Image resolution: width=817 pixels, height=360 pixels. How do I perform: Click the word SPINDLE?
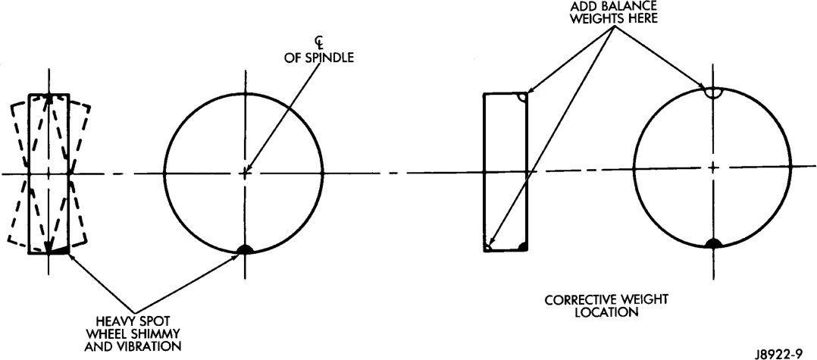tap(329, 58)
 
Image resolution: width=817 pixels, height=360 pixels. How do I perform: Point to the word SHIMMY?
tap(161, 333)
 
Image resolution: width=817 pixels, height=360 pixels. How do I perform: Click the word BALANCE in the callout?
tap(636, 6)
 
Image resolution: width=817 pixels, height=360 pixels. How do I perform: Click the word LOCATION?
tap(606, 314)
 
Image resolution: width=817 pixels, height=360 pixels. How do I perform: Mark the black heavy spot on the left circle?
tap(245, 249)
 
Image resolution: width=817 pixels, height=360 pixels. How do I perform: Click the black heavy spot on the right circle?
tap(712, 243)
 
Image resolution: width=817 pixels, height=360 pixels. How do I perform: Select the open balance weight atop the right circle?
tap(712, 92)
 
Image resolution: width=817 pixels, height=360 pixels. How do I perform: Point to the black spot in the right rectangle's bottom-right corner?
tap(523, 246)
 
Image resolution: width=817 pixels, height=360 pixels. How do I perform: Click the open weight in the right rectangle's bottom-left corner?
tap(487, 248)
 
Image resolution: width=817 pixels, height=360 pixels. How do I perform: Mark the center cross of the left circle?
tap(246, 173)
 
